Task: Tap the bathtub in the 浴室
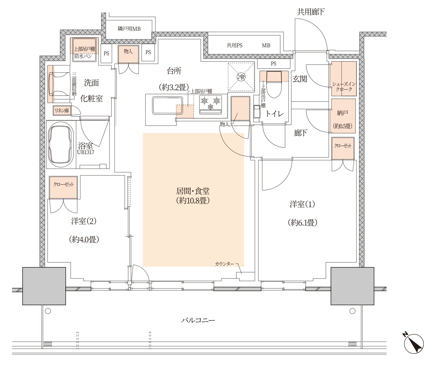(x=61, y=145)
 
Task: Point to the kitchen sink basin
(x=167, y=106)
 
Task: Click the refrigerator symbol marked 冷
(x=241, y=77)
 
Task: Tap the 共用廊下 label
(x=311, y=12)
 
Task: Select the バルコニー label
(x=198, y=320)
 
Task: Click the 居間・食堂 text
(x=193, y=191)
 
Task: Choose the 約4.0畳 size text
(x=84, y=239)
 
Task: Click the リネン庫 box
(x=62, y=110)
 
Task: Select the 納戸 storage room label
(x=342, y=113)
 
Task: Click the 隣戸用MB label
(x=129, y=29)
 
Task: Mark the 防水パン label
(x=83, y=56)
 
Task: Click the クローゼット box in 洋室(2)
(x=63, y=187)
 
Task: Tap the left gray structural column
(x=44, y=286)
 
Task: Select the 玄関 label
(x=300, y=79)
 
